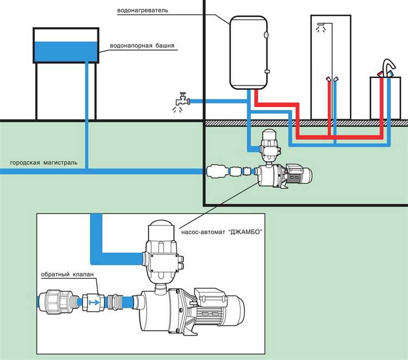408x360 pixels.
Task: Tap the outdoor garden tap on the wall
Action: [x=180, y=100]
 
